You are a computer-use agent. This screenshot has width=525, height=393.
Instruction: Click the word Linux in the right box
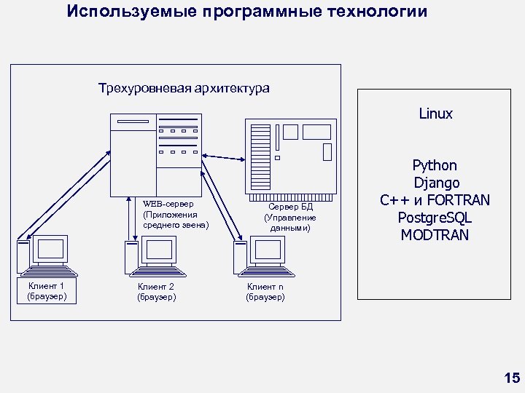coord(435,114)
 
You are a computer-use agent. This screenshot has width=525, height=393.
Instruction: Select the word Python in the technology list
coord(435,166)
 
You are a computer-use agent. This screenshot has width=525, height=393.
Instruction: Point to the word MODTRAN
coord(435,235)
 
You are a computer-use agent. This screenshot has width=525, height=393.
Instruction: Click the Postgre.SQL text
coord(435,218)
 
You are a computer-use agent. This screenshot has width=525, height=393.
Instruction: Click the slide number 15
coord(512,377)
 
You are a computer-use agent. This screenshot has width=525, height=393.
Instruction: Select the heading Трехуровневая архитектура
coord(184,89)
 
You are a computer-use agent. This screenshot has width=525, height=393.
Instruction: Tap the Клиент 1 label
coord(47,286)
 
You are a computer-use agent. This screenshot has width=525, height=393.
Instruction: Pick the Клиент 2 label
coord(156,287)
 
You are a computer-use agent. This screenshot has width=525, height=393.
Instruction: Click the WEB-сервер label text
coord(168,204)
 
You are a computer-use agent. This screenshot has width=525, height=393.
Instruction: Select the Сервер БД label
coord(290,207)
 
